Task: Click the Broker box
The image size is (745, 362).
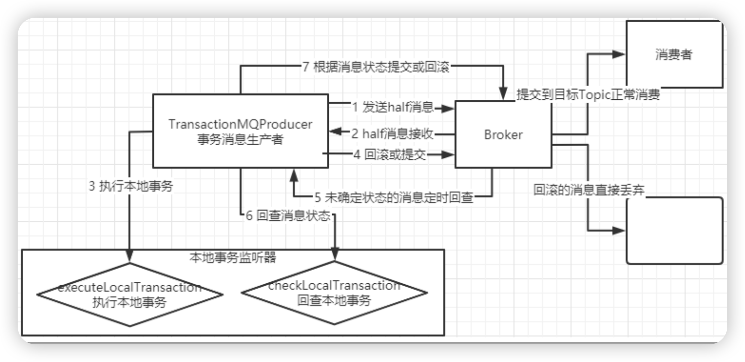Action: click(503, 134)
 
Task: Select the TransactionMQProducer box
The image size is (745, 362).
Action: click(240, 131)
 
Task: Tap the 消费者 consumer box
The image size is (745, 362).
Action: click(674, 55)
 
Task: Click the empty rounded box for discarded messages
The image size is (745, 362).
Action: click(674, 231)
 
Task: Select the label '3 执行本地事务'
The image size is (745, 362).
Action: click(131, 186)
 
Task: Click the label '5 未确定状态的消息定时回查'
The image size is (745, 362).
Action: click(393, 198)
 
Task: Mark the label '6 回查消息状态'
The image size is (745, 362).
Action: click(287, 216)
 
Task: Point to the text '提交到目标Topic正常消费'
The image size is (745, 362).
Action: click(588, 96)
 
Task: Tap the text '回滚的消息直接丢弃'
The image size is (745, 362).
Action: click(589, 190)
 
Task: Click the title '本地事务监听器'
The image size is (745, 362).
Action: click(232, 257)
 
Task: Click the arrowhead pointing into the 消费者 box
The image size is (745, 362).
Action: click(619, 55)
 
